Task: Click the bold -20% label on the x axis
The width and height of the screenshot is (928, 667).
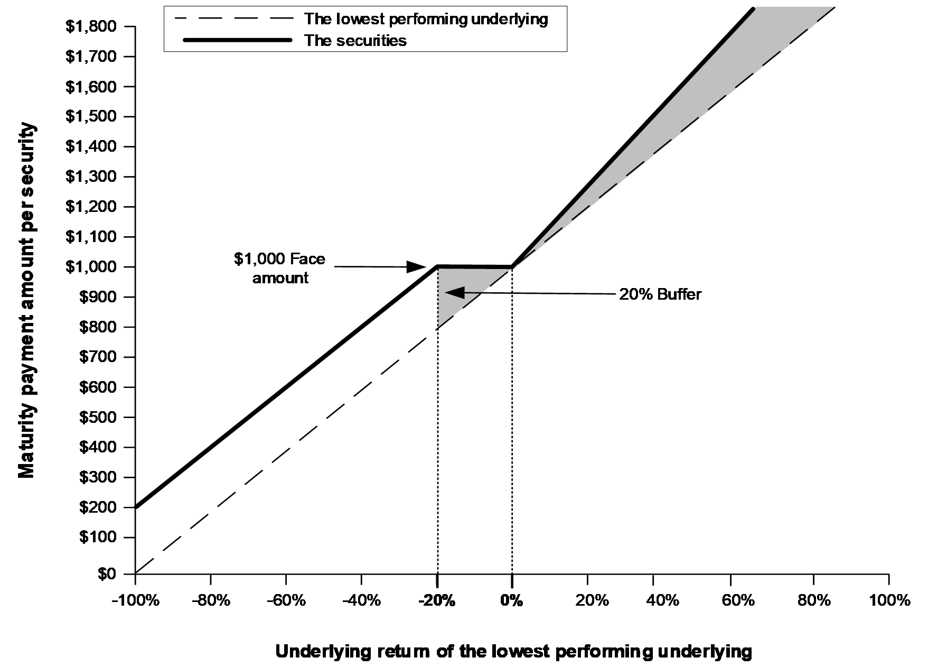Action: [437, 600]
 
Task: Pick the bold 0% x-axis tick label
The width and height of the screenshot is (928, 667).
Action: [512, 600]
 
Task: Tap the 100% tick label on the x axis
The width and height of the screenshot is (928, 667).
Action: [889, 600]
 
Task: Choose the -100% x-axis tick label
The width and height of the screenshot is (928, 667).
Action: [135, 600]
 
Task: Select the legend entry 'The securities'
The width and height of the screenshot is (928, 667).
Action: [355, 40]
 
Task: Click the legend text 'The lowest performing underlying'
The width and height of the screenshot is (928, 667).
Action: [426, 19]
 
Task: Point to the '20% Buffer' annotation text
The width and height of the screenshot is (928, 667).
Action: [660, 294]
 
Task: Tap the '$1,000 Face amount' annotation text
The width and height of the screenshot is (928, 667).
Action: [280, 268]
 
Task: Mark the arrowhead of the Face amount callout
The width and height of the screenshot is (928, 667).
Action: [416, 266]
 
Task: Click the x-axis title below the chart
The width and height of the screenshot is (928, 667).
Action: [513, 651]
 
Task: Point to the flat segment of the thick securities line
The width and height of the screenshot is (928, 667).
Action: [474, 266]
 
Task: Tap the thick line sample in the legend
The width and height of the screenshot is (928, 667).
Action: [237, 40]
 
